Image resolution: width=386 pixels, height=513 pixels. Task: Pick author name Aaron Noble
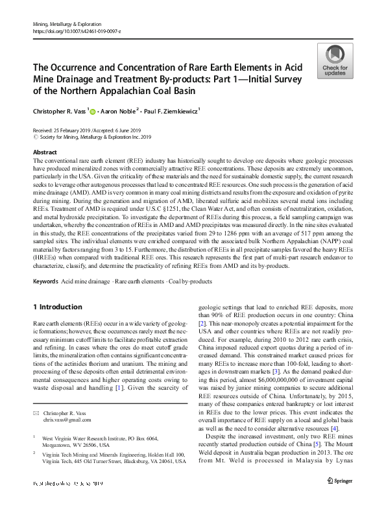point(124,111)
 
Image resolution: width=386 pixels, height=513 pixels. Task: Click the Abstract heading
point(44,152)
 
